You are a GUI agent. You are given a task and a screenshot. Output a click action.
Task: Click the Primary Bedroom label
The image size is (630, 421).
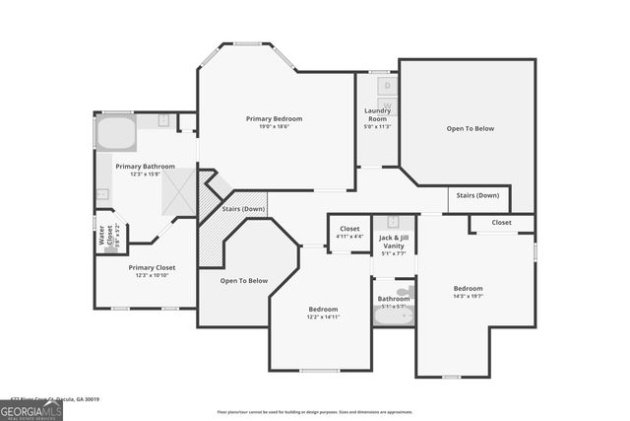[x=274, y=118]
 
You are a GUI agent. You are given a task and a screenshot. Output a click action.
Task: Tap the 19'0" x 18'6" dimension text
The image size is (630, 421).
[x=274, y=126]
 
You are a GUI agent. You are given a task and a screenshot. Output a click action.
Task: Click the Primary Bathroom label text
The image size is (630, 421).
[x=145, y=167]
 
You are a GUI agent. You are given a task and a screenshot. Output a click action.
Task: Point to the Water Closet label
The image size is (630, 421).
[x=101, y=237]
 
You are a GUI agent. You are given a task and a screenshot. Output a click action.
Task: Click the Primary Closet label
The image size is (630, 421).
[x=152, y=266]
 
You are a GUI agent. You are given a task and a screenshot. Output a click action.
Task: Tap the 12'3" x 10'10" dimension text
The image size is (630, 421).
[x=152, y=274]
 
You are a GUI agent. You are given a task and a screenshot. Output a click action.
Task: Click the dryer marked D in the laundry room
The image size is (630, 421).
[x=387, y=86]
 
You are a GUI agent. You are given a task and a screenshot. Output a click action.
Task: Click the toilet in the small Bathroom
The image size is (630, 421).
[x=404, y=292]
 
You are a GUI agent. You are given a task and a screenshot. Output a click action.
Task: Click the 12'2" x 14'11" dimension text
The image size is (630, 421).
[x=323, y=316]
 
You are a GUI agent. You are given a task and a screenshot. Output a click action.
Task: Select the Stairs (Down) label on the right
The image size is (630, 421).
[x=478, y=195]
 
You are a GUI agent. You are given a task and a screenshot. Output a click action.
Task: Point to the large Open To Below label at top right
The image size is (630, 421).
[x=470, y=128]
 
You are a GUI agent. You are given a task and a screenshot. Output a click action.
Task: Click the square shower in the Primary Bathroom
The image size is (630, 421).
[x=178, y=191]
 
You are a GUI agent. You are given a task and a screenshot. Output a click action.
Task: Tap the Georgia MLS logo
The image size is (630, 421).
[x=31, y=410]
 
